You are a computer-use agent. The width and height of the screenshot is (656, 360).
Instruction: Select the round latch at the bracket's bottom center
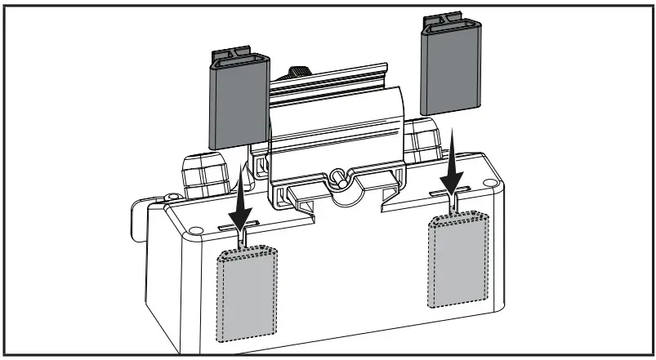click(337, 175)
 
